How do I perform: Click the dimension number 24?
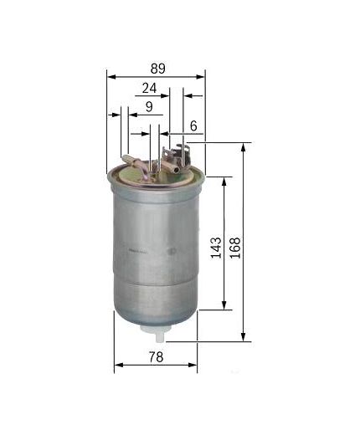click(x=151, y=87)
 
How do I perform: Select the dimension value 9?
click(x=149, y=107)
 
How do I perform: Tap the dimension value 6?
click(x=194, y=125)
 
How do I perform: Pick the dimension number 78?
click(x=157, y=357)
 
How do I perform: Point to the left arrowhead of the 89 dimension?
click(x=111, y=75)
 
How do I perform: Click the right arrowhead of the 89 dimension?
click(x=203, y=75)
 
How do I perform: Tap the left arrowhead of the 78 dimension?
click(x=117, y=365)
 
